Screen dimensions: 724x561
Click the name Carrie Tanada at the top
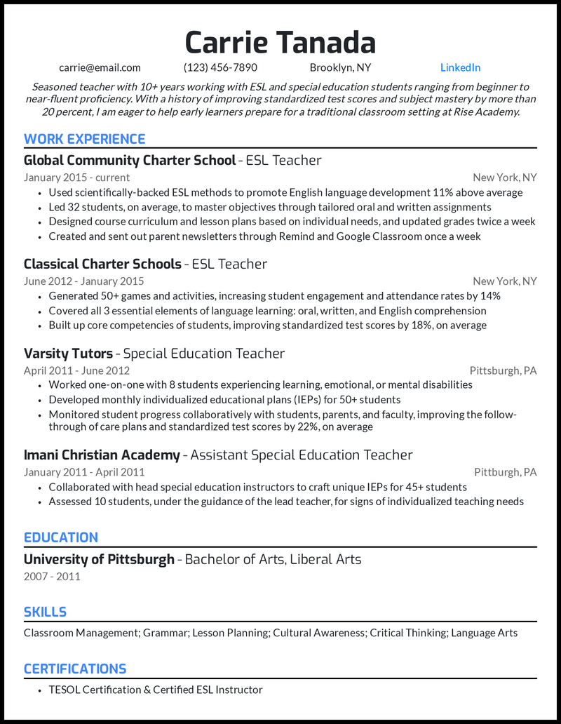coord(280,43)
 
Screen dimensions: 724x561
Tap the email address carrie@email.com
coord(100,68)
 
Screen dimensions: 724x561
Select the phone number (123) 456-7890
coord(220,68)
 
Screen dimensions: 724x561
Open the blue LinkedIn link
coord(460,68)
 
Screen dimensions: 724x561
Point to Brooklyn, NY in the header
coord(340,68)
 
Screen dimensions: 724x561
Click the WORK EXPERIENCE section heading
coord(84,139)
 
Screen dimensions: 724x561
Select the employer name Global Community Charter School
coord(130,161)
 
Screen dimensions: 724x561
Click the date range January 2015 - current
coord(76,177)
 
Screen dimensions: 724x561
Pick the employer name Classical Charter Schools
coord(102,264)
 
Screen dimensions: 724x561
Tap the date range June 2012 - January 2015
coord(83,281)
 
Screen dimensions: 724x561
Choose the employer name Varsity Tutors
coord(68,354)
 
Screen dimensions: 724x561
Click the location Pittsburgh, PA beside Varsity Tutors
coord(503,370)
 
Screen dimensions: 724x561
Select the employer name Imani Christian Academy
coord(102,455)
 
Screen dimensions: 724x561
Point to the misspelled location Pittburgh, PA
coord(505,472)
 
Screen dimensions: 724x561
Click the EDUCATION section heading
coord(61,537)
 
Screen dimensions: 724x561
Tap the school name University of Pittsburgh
coord(99,559)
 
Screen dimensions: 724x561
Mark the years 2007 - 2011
coord(52,577)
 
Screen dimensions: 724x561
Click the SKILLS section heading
coord(45,612)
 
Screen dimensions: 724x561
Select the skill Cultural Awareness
coord(319,633)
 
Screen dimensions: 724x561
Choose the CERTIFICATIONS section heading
coord(75,669)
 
